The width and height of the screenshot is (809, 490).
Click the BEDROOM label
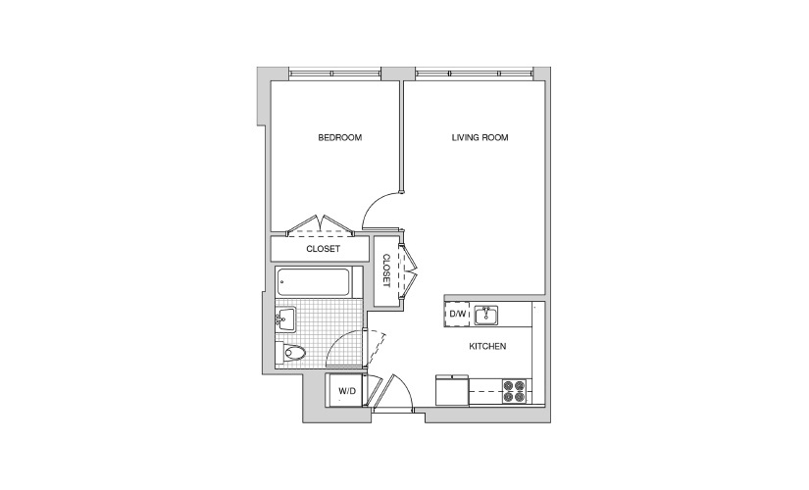[339, 138]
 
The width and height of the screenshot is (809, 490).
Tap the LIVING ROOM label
[480, 138]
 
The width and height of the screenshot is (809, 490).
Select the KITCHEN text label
[487, 347]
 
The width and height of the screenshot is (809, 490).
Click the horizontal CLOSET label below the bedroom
[323, 249]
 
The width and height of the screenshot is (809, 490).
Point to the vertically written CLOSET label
[386, 270]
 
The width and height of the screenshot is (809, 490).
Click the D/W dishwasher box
[457, 314]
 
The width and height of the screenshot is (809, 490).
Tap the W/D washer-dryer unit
[347, 390]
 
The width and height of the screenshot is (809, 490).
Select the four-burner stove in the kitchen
[515, 391]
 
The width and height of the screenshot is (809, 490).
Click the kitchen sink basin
[485, 315]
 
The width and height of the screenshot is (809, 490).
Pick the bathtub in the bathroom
[313, 281]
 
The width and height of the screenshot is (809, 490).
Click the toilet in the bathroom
[290, 353]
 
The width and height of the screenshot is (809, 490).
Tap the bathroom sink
[285, 318]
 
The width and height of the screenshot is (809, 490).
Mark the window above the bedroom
[334, 73]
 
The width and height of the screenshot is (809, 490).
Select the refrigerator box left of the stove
[452, 390]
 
